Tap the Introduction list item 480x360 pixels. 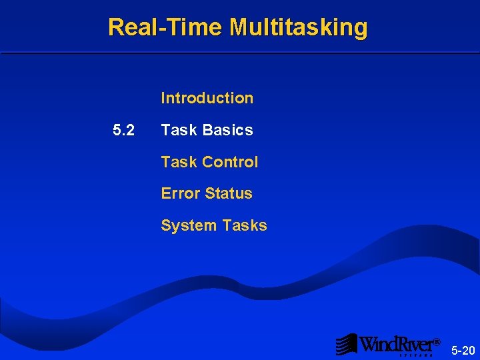pyautogui.click(x=207, y=98)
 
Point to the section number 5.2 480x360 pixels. pyautogui.click(x=123, y=130)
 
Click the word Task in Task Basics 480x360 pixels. pyautogui.click(x=177, y=130)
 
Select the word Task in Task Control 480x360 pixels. pyautogui.click(x=177, y=162)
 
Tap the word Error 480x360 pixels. pyautogui.click(x=181, y=193)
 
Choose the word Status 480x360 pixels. pyautogui.click(x=229, y=193)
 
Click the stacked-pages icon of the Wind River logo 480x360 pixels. pyautogui.click(x=346, y=344)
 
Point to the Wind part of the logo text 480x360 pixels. pyautogui.click(x=379, y=343)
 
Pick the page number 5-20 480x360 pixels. pyautogui.click(x=463, y=350)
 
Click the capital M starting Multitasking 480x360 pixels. pyautogui.click(x=239, y=27)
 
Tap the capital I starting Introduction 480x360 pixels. pyautogui.click(x=163, y=98)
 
